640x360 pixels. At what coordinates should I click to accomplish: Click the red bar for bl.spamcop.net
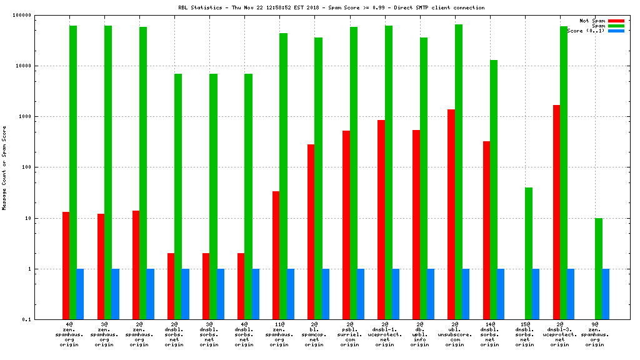pyautogui.click(x=311, y=232)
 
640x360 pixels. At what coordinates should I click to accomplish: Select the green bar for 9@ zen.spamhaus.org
pyautogui.click(x=598, y=269)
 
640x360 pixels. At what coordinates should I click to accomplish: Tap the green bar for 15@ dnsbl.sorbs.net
pyautogui.click(x=528, y=253)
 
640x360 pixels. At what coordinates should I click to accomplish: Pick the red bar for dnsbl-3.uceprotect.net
pyautogui.click(x=556, y=212)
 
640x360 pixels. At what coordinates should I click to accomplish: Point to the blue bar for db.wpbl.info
pyautogui.click(x=431, y=294)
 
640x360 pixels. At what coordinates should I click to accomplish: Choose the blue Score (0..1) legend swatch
pyautogui.click(x=616, y=31)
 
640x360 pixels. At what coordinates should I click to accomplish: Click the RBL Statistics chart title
pyautogui.click(x=331, y=7)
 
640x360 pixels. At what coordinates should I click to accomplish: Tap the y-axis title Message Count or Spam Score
pyautogui.click(x=4, y=167)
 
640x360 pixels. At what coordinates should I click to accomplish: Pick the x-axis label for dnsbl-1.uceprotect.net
pyautogui.click(x=384, y=334)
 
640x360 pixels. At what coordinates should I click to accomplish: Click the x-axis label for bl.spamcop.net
pyautogui.click(x=314, y=334)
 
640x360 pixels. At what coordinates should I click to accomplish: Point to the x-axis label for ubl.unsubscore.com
pyautogui.click(x=454, y=334)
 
